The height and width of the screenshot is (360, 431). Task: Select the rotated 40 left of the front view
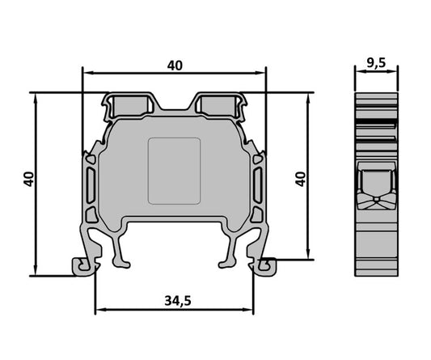pyautogui.click(x=29, y=179)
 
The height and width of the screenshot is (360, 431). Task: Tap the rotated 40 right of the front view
pyautogui.click(x=301, y=179)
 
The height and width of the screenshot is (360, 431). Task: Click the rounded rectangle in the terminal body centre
pyautogui.click(x=174, y=170)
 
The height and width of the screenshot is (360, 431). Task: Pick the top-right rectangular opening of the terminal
pyautogui.click(x=219, y=104)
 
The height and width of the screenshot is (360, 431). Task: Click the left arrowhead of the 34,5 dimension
pyautogui.click(x=99, y=311)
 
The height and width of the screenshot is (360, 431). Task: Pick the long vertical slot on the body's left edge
pyautogui.click(x=90, y=186)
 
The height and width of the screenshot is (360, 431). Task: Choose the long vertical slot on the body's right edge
pyautogui.click(x=258, y=186)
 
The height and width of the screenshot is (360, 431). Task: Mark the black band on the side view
pyautogui.click(x=376, y=123)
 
